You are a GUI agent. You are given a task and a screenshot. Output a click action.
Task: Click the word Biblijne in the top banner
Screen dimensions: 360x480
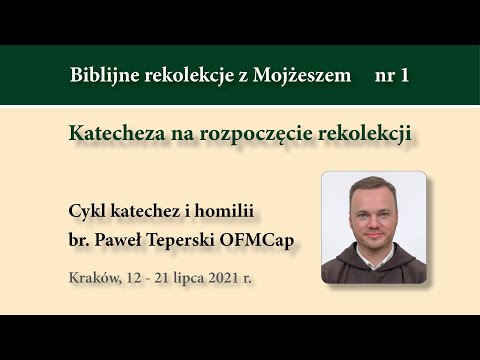pos(104,75)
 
